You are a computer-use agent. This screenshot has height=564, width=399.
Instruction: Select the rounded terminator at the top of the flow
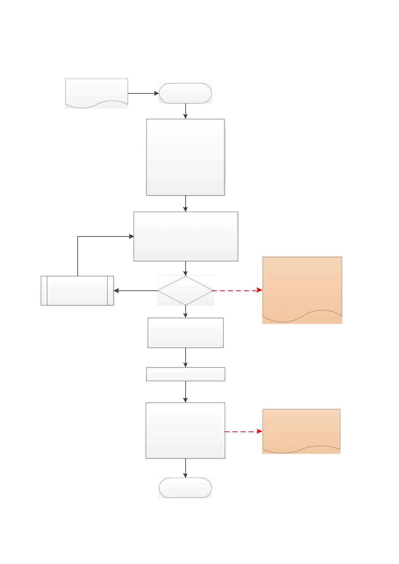click(x=185, y=93)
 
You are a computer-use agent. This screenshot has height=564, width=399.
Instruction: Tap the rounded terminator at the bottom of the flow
click(x=185, y=488)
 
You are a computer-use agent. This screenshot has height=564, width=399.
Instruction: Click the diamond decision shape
click(x=185, y=291)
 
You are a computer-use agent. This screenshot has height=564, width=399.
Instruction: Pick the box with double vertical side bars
click(x=77, y=291)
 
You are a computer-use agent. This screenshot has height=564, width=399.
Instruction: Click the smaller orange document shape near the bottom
click(x=301, y=430)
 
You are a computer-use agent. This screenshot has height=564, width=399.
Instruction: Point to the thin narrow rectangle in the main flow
click(x=186, y=374)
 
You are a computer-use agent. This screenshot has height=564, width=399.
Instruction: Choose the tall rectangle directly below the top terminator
click(x=185, y=157)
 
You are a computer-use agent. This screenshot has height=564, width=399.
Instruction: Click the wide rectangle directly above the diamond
click(x=186, y=236)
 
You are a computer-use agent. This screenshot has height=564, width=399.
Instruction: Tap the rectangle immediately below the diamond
click(x=186, y=333)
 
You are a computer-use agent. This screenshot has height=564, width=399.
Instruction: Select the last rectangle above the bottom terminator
click(x=185, y=430)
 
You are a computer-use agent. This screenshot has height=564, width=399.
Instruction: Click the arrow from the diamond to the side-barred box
click(x=136, y=291)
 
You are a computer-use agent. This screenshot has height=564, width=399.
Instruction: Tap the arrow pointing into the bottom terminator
click(x=185, y=468)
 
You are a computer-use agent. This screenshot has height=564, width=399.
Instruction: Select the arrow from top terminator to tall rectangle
click(x=185, y=111)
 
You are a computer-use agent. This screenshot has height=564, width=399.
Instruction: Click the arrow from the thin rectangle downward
click(x=185, y=392)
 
